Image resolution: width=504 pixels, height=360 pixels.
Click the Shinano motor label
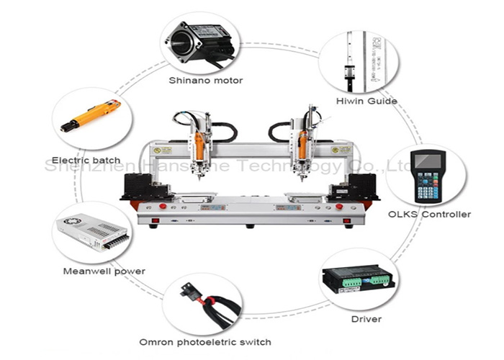[x=205, y=81]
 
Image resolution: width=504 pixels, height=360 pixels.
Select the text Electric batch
[x=86, y=160]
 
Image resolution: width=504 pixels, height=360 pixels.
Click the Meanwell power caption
[x=104, y=271]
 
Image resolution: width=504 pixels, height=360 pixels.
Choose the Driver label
[x=366, y=318]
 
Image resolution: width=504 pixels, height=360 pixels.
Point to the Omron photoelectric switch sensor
[x=195, y=295]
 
